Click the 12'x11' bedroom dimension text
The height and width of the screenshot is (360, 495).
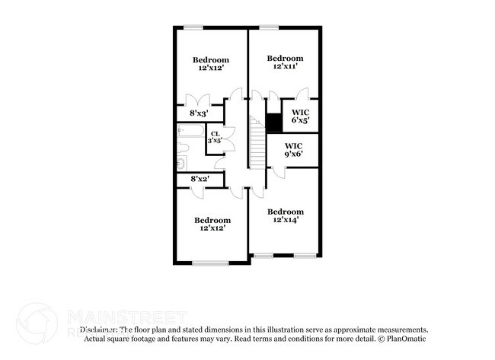(x=285, y=67)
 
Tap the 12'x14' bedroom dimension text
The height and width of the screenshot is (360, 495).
(x=285, y=219)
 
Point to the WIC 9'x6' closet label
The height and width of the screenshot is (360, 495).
(x=294, y=149)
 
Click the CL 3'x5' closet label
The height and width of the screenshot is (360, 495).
(x=216, y=138)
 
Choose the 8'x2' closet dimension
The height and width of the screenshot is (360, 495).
(x=200, y=179)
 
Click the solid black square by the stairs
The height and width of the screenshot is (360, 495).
(x=273, y=121)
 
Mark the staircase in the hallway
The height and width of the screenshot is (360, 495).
(x=256, y=142)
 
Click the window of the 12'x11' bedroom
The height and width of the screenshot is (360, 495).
(x=268, y=28)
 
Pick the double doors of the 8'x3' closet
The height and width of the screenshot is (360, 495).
(x=200, y=101)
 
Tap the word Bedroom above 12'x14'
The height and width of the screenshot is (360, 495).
(x=285, y=211)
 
